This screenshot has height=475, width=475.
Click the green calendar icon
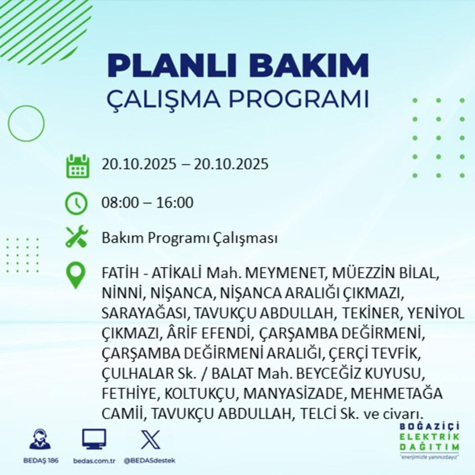pos(77,166)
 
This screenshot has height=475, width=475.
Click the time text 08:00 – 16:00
pos(148,203)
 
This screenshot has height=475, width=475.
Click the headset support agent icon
pos(40,440)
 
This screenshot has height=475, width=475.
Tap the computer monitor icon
pos(94,440)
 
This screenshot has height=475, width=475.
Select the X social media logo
pos(150,440)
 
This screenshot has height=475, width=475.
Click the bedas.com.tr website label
pos(94,461)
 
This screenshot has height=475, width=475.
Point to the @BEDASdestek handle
pos(149,461)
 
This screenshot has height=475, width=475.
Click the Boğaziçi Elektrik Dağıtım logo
pos(429,440)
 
